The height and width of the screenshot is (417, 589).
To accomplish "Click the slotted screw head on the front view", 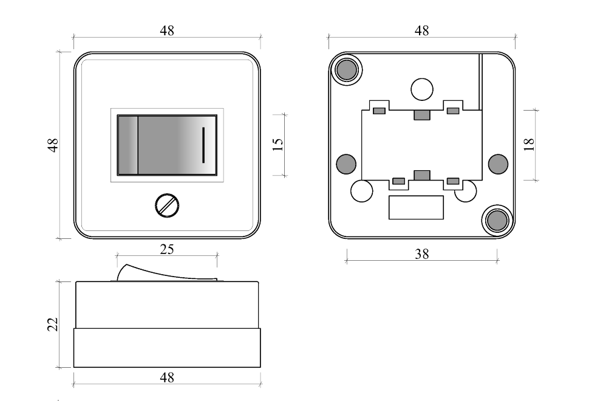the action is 167,205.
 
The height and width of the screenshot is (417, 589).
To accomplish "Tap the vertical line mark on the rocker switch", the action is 203,145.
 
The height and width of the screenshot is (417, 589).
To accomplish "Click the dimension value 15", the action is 277,145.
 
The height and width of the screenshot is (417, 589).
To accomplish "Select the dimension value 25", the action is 167,249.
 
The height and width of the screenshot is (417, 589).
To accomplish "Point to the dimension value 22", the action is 53,324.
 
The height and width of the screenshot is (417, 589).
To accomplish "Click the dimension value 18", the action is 528,145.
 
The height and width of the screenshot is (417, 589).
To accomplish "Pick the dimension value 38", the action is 421,255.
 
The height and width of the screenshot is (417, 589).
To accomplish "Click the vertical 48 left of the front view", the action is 53,145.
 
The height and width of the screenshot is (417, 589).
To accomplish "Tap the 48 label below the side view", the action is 167,377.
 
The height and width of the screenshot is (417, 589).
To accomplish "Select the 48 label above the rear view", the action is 421,31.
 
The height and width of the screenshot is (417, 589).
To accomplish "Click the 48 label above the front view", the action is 167,31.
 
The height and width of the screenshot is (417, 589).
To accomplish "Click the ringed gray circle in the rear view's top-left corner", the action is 346,69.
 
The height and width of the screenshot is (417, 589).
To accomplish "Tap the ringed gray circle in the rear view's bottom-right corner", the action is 497,220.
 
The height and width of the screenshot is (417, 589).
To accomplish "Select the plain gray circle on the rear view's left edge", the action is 346,164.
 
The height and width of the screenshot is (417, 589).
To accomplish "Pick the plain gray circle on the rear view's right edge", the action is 498,164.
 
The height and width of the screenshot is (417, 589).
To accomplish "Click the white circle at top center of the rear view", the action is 422,89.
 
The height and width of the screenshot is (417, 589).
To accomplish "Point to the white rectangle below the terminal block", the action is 416,207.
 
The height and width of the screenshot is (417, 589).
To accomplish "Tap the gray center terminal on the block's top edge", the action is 422,115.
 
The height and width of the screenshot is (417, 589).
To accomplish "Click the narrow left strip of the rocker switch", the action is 128,145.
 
